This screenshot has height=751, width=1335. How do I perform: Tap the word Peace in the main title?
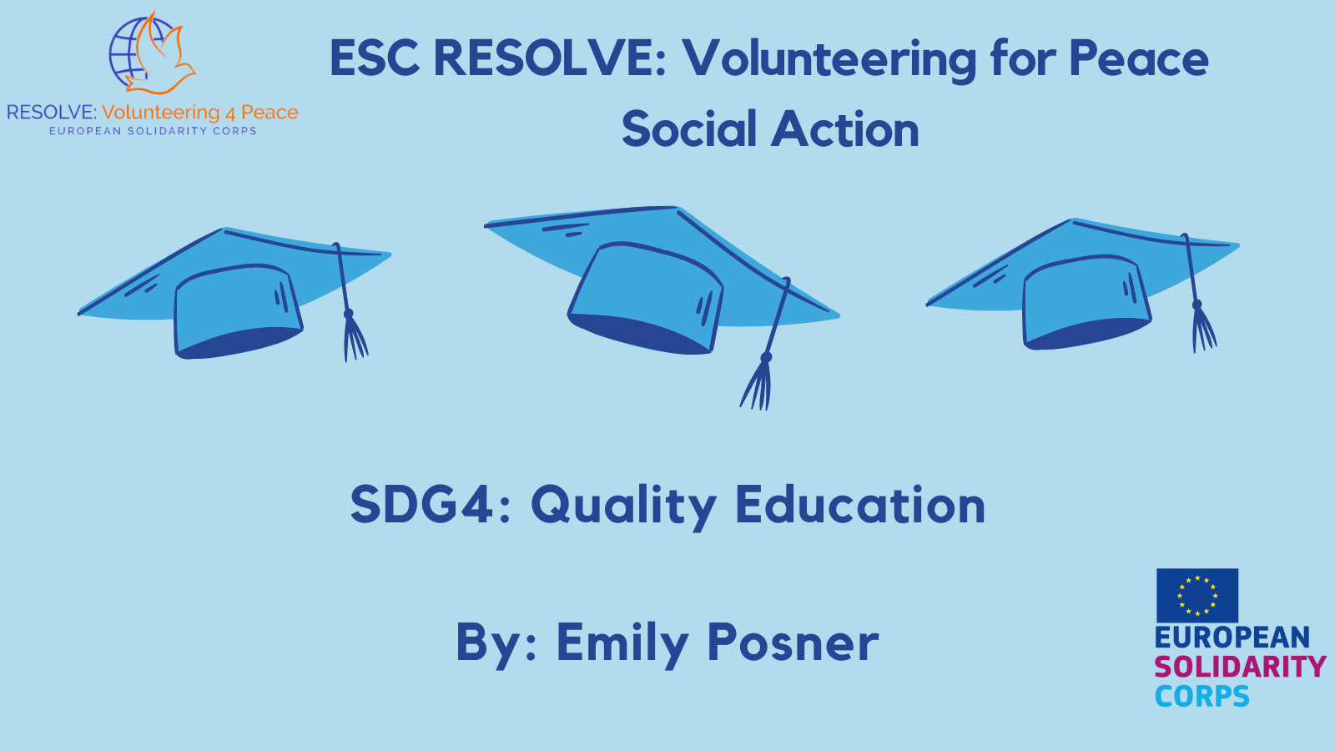[x=1139, y=58]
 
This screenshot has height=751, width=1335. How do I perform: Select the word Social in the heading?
[x=689, y=129]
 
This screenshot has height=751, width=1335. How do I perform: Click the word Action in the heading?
[x=845, y=129]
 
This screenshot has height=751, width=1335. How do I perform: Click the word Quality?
[x=623, y=507]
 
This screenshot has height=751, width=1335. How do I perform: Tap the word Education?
[x=860, y=505]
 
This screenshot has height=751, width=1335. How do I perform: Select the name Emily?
[x=622, y=643]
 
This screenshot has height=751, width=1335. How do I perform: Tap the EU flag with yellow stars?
[x=1196, y=596]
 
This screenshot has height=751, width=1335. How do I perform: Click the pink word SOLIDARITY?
[x=1240, y=667]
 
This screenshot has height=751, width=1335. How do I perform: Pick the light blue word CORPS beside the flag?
[x=1201, y=696]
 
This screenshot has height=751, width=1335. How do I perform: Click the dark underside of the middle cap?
[x=637, y=334]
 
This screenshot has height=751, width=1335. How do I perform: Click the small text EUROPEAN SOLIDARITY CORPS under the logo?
[x=153, y=131]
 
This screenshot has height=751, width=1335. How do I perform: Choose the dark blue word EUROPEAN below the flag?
[x=1232, y=638]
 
